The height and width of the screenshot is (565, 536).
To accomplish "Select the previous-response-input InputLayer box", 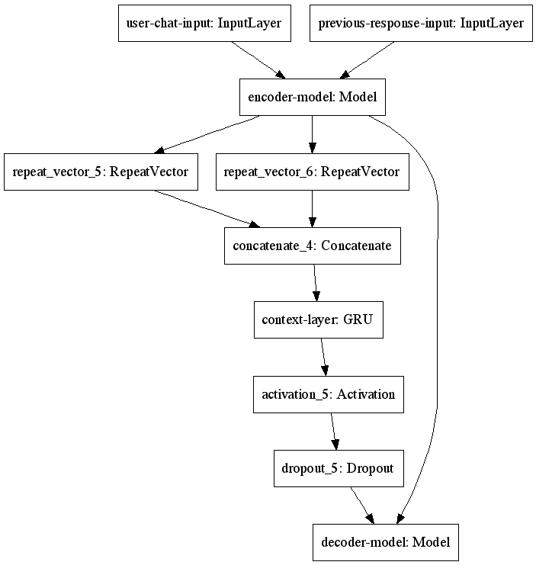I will [x=421, y=23].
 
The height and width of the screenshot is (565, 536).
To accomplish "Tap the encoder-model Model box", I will [x=312, y=98].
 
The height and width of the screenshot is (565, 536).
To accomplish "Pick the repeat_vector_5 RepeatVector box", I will [x=101, y=172].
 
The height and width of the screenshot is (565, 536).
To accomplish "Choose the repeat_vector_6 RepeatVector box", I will [x=312, y=172].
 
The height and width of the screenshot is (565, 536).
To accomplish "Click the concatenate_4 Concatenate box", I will [x=312, y=247].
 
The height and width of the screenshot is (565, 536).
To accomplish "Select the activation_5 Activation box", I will [x=328, y=395].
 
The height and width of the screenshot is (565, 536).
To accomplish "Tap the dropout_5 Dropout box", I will [x=338, y=469].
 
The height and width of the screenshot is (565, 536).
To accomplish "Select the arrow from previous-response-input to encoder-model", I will [x=367, y=60].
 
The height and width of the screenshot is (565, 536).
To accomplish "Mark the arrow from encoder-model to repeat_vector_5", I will [x=206, y=135].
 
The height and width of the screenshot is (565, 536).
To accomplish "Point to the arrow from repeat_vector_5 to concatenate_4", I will [x=206, y=210].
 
